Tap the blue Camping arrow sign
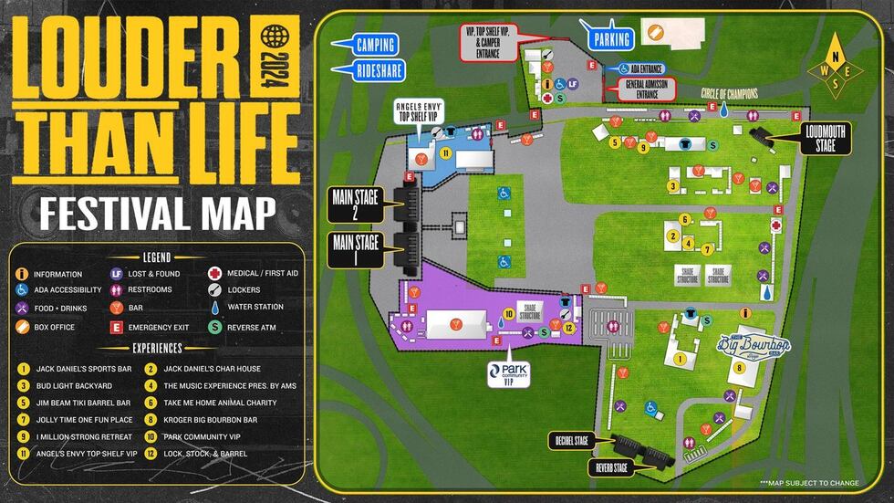tap(370, 45)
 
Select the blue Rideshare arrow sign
tap(370, 68)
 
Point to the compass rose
tap(837, 65)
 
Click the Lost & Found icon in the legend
tap(116, 273)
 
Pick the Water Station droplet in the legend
tap(213, 308)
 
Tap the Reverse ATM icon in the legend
tap(213, 326)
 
